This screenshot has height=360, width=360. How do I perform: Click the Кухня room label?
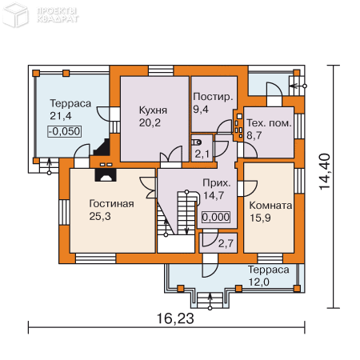153,110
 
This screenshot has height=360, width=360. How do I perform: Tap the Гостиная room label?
111,204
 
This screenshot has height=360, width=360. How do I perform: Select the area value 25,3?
100,216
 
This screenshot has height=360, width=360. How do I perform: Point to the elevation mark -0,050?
65,131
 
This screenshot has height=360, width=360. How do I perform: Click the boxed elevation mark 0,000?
216,217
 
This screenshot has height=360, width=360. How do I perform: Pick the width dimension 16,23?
175,318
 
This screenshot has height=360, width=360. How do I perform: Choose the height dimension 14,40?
325,172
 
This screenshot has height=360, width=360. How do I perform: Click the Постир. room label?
213,97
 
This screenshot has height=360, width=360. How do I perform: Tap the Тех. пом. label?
269,123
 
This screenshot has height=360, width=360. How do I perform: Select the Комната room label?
270,206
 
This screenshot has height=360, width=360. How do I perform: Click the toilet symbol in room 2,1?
197,142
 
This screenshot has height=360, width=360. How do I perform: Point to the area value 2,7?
226,243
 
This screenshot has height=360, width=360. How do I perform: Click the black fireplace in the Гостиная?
106,175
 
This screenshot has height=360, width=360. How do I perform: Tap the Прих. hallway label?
217,183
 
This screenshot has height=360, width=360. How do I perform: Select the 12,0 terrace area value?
259,282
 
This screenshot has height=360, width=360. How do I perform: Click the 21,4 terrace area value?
61,116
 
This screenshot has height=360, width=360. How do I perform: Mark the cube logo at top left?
15,14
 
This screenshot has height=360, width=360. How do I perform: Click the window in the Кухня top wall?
161,70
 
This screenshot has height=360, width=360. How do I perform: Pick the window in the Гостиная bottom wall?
96,258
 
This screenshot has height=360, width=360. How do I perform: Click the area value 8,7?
254,135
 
